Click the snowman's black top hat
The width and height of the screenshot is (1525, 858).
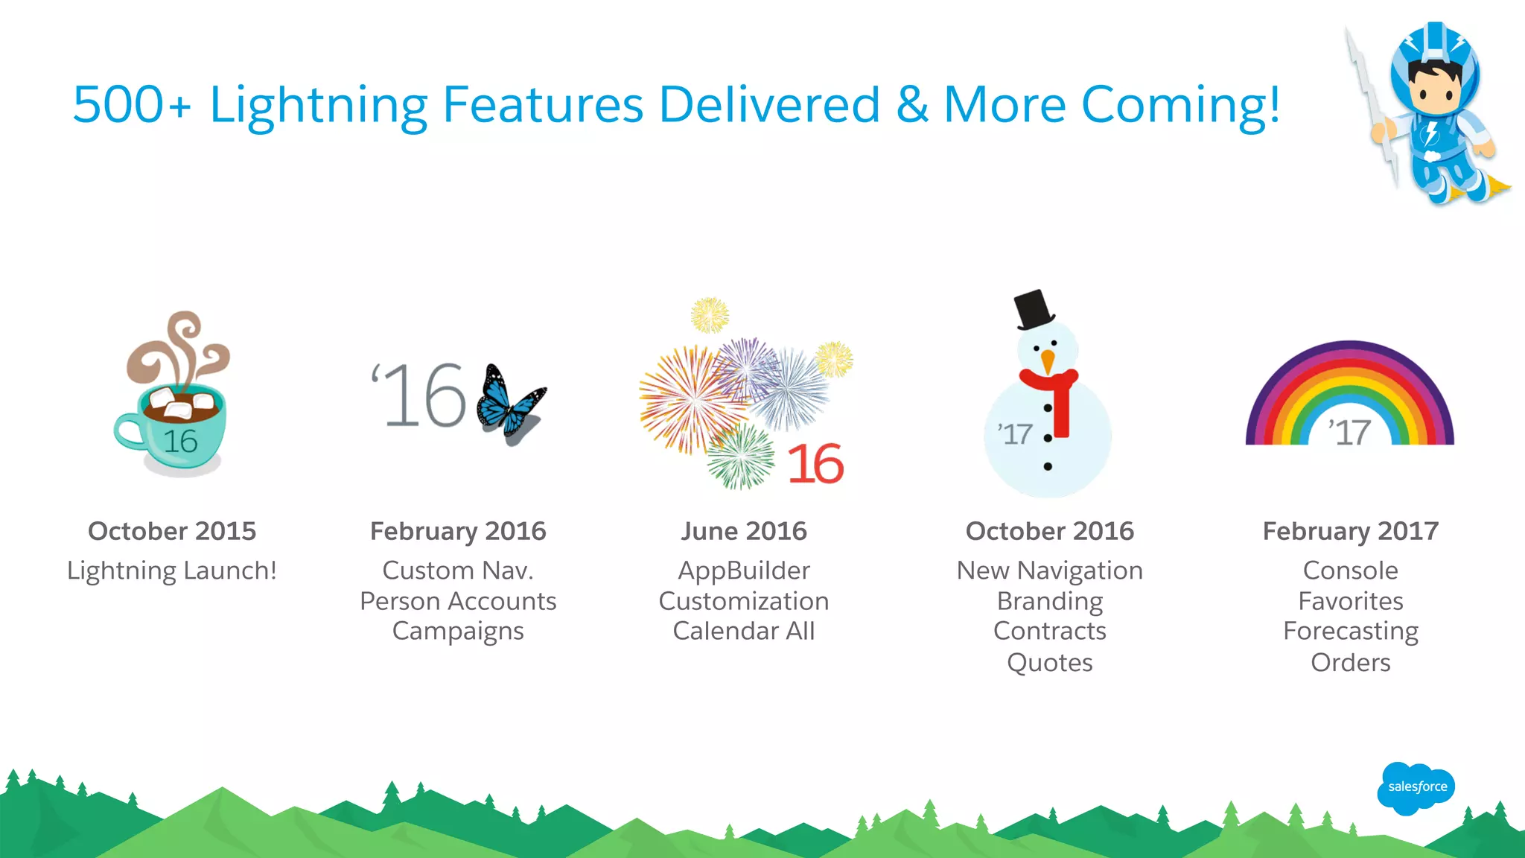[1034, 309]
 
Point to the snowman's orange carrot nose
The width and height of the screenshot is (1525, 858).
[1048, 361]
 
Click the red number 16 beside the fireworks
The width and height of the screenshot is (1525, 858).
[815, 464]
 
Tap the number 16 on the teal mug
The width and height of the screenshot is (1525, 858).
[181, 441]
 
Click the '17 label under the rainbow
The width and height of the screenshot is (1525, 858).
[1349, 433]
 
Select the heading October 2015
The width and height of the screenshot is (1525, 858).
[172, 531]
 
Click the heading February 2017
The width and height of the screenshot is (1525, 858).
[1350, 531]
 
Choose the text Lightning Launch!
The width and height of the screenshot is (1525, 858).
[172, 571]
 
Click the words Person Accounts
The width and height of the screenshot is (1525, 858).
[458, 601]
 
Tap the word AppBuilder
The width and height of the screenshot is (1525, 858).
[743, 571]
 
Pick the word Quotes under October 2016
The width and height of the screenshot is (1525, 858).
[1049, 662]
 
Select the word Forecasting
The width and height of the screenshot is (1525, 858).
[1350, 632]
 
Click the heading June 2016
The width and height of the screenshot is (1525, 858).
[743, 531]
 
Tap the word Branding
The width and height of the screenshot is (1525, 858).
[1049, 601]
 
